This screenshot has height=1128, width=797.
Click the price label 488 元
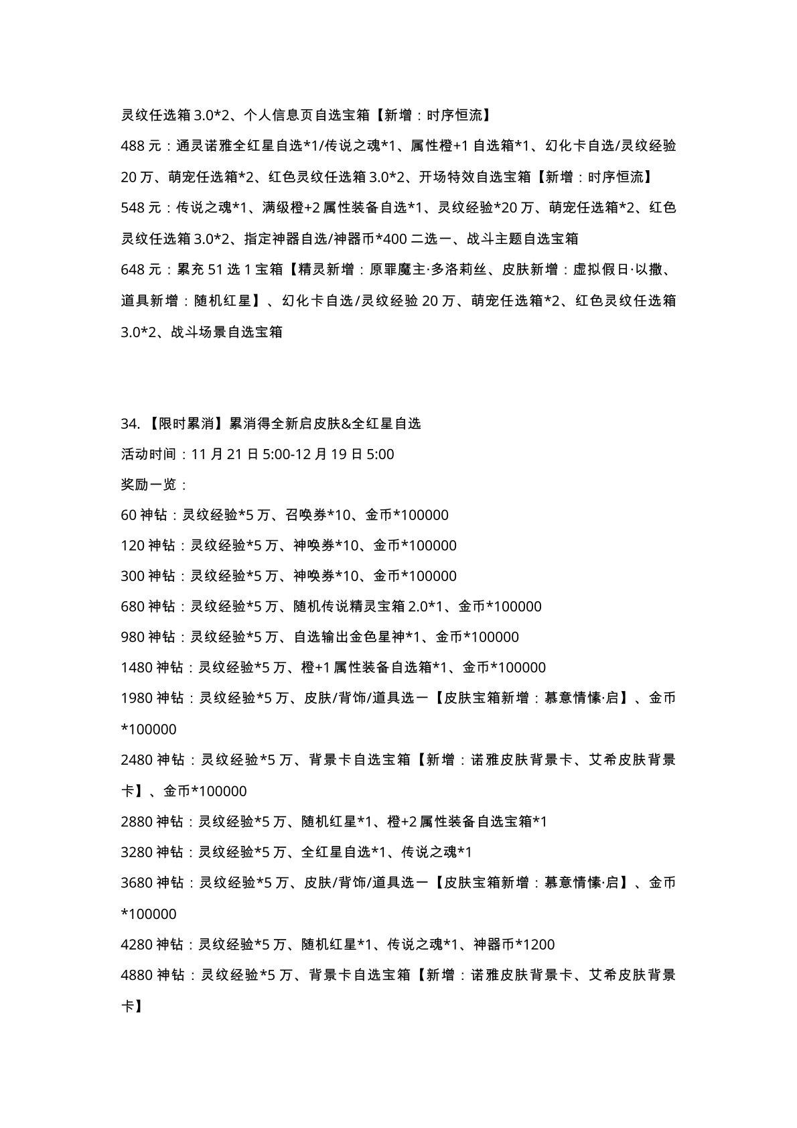pyautogui.click(x=141, y=146)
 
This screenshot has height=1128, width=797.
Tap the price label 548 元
pyautogui.click(x=141, y=208)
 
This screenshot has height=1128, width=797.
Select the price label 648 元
pyautogui.click(x=141, y=269)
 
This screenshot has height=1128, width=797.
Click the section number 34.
pyautogui.click(x=129, y=424)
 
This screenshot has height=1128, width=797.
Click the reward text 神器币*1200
pyautogui.click(x=514, y=945)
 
